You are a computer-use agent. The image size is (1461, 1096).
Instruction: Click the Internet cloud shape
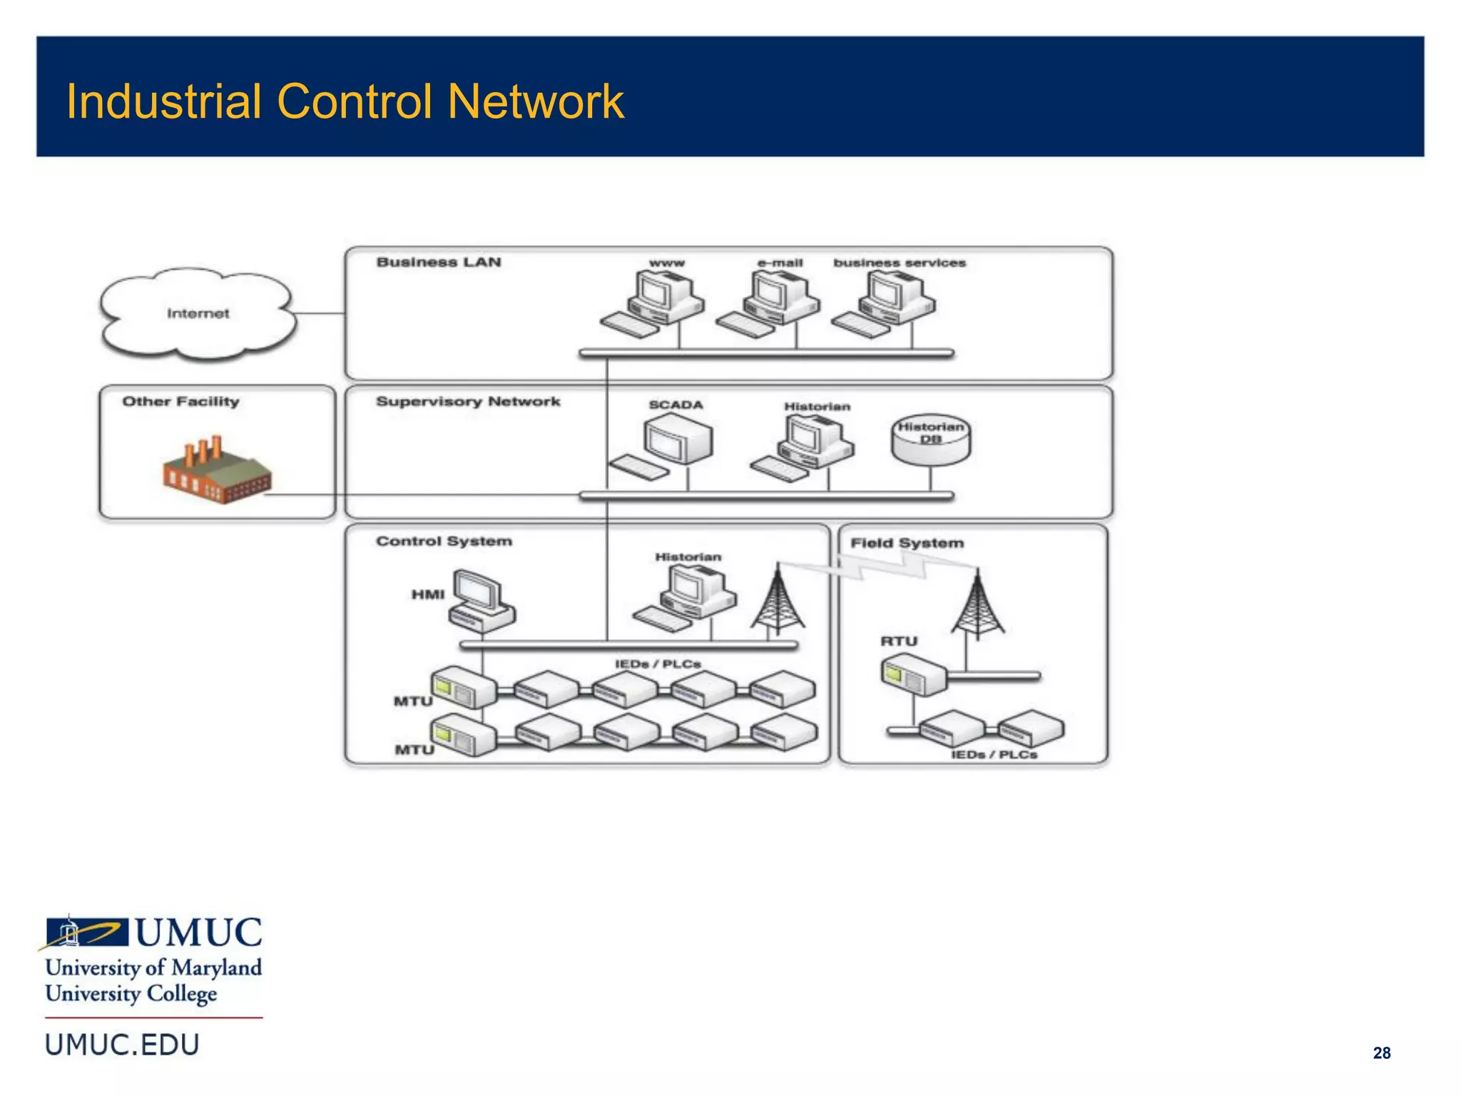click(198, 314)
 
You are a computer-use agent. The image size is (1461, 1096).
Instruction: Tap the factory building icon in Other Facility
click(216, 472)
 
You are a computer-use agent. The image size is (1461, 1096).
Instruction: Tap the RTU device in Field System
click(912, 676)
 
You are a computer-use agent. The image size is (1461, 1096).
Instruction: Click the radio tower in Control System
click(778, 599)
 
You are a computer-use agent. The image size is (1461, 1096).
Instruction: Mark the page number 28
click(1381, 1053)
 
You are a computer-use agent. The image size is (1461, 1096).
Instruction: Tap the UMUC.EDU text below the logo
click(122, 1045)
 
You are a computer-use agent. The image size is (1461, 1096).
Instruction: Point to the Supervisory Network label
click(468, 402)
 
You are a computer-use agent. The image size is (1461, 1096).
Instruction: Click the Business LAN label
click(439, 263)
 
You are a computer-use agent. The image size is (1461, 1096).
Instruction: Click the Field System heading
click(907, 543)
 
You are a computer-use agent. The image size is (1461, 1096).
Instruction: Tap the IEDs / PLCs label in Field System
click(994, 755)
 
